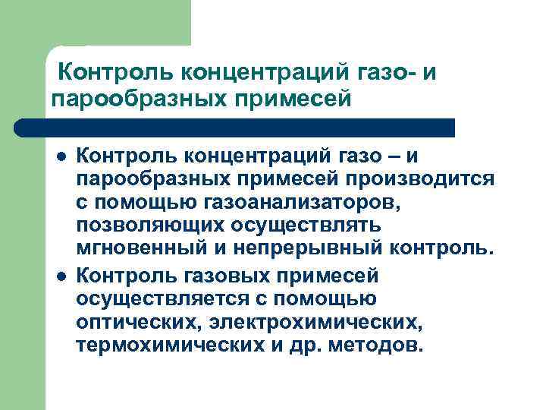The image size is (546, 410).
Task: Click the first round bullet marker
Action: (59, 156)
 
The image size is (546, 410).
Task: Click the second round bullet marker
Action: (59, 274)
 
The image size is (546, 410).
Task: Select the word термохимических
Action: (155, 345)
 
